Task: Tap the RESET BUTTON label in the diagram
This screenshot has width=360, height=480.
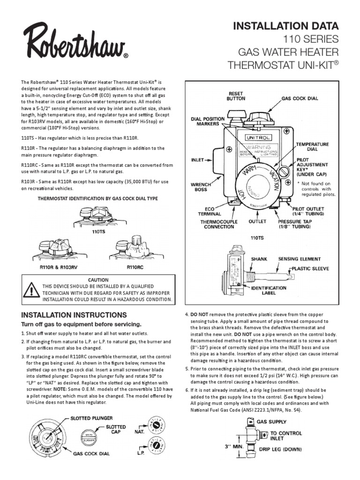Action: pos(236,96)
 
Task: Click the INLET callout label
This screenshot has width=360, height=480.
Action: pos(198,159)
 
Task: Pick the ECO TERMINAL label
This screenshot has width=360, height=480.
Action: pos(210,213)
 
